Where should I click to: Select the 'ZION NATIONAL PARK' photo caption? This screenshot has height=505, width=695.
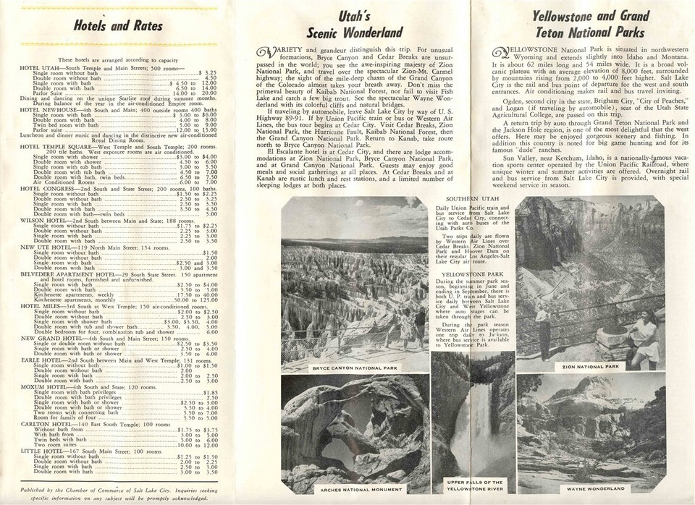592,366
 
